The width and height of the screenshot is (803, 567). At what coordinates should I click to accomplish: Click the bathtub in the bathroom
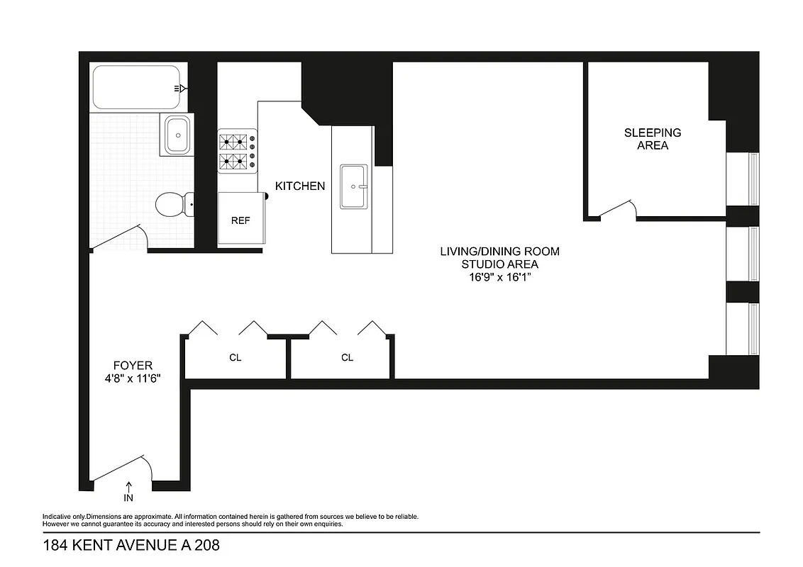point(135,87)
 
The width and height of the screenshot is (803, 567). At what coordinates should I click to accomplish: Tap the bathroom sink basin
point(177,133)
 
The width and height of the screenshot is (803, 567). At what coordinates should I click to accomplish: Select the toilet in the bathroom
point(171,204)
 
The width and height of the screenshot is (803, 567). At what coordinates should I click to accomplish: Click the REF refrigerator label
point(240,220)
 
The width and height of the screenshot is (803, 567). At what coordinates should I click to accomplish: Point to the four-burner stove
point(237,151)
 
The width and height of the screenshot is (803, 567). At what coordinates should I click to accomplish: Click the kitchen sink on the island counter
point(353,187)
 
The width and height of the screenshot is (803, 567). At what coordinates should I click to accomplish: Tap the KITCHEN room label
point(300,186)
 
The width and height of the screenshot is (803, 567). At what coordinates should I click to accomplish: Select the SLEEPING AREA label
point(643,139)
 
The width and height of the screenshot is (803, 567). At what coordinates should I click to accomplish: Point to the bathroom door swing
point(122,238)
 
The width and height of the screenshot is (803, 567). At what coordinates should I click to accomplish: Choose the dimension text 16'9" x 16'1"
point(499,277)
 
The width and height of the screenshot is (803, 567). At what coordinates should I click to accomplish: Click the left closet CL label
point(236,358)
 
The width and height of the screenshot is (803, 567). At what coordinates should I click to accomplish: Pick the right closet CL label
point(347,358)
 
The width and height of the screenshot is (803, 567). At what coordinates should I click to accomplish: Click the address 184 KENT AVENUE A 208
point(131,546)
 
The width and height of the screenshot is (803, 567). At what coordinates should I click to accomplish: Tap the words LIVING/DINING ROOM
point(499,252)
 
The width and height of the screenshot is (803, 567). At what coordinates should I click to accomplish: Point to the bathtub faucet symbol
point(182,89)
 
